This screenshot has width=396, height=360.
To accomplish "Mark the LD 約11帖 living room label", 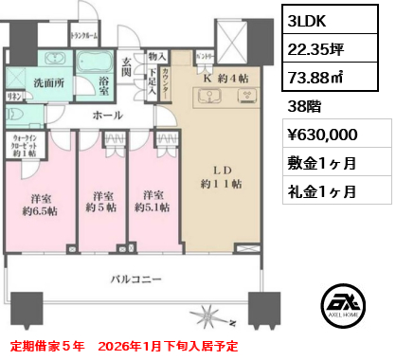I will pos(219,179).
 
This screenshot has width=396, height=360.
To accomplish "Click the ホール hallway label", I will pos(107,116).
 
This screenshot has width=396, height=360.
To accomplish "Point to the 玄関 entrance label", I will pos(126,67).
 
